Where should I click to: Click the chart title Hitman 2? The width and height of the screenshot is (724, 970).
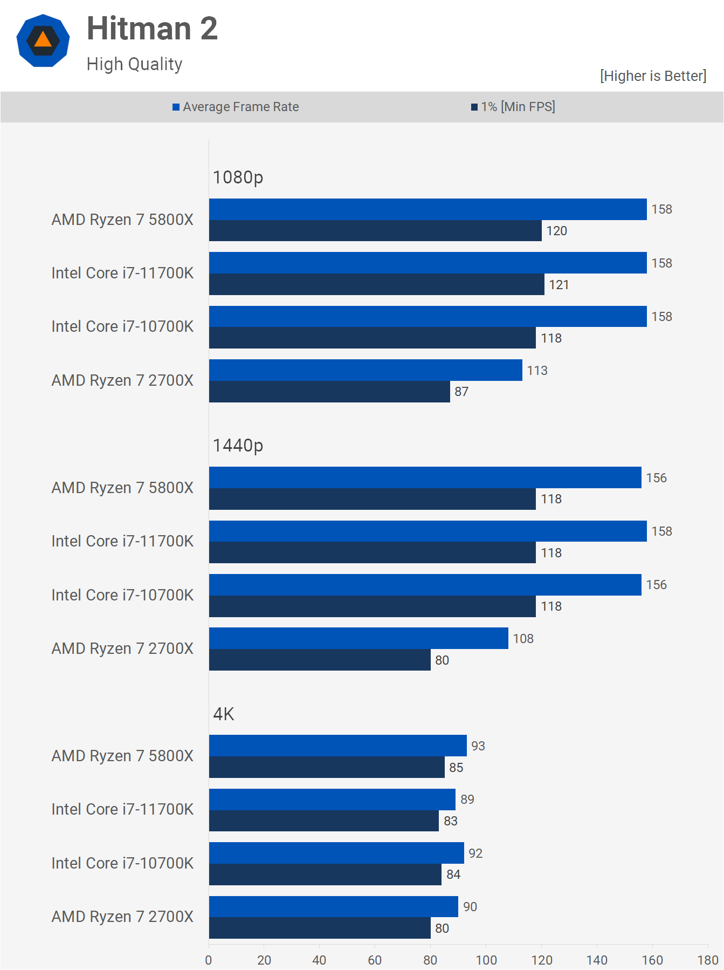click(x=152, y=29)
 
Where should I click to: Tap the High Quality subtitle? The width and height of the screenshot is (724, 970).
click(x=134, y=64)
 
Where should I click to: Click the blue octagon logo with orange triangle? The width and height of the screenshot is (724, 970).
click(x=43, y=41)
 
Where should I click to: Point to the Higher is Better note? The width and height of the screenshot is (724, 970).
click(x=653, y=76)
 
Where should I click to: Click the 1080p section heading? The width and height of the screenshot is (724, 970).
click(x=238, y=177)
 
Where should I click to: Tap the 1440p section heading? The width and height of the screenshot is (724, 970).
click(x=238, y=446)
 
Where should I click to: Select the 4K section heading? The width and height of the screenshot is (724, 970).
click(x=224, y=714)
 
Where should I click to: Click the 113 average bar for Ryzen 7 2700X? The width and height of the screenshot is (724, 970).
click(x=366, y=370)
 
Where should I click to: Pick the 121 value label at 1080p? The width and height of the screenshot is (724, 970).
click(x=559, y=285)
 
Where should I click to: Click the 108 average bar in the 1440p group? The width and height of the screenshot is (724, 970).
click(x=358, y=638)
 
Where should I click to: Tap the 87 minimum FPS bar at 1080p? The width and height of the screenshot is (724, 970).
click(x=329, y=392)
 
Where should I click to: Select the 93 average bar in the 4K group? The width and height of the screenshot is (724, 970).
click(x=338, y=746)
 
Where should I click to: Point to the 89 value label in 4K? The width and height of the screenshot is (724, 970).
click(x=467, y=800)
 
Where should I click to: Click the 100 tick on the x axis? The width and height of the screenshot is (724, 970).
click(x=486, y=960)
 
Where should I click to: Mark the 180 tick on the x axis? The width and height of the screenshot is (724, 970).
click(x=708, y=960)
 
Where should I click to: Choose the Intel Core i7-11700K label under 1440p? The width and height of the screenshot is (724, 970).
click(x=122, y=541)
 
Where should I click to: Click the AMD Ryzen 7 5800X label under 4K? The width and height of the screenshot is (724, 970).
click(x=122, y=756)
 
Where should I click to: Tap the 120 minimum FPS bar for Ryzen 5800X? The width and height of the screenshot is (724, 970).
click(x=375, y=231)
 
